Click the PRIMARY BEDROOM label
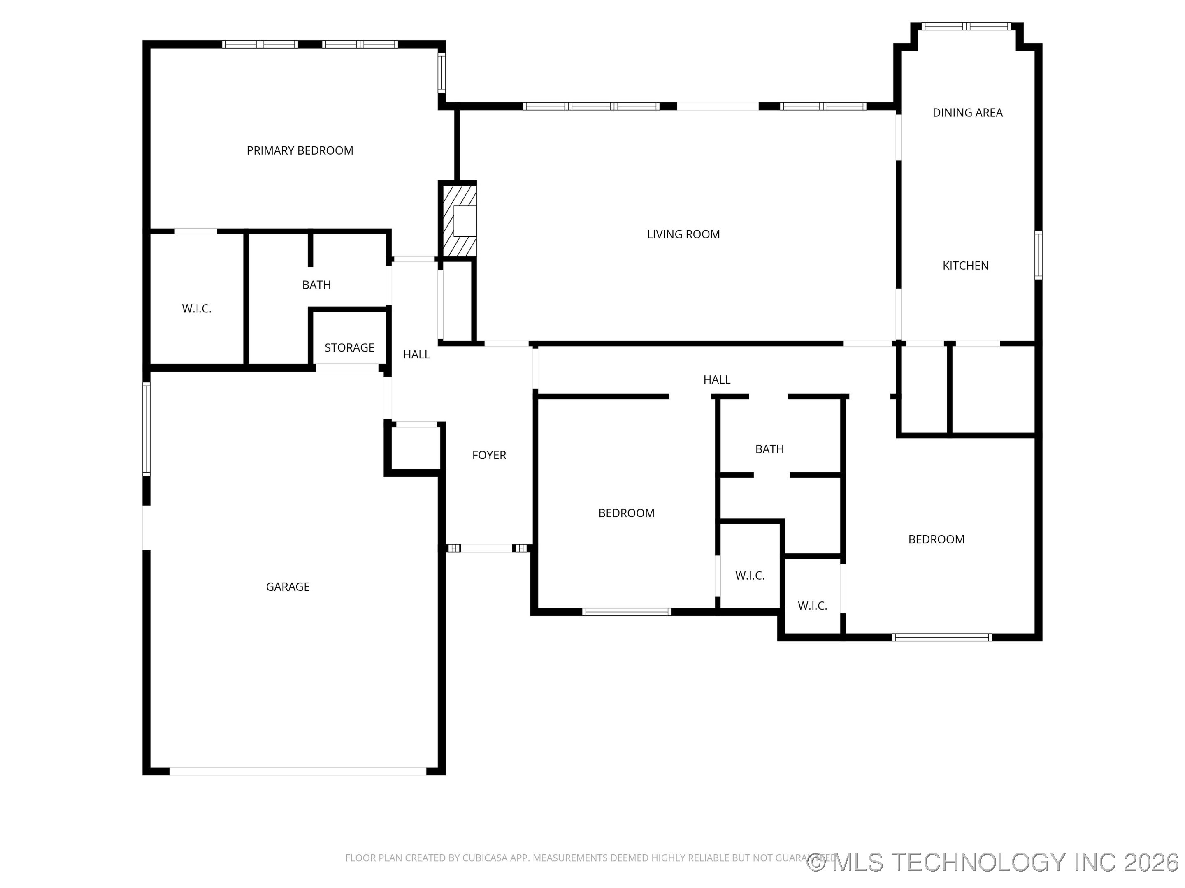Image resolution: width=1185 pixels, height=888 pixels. (300, 150)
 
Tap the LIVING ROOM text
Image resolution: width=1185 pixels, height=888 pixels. (683, 234)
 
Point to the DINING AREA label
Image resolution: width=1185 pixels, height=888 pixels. (967, 112)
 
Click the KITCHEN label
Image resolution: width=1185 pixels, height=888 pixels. (965, 266)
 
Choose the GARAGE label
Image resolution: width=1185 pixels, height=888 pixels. (288, 587)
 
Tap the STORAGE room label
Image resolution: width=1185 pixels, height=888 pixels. (349, 347)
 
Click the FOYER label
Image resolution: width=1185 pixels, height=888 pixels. (488, 455)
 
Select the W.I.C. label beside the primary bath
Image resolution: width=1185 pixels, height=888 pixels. (197, 308)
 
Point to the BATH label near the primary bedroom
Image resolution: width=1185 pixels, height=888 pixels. (316, 285)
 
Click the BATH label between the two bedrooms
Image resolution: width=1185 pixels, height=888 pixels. (769, 449)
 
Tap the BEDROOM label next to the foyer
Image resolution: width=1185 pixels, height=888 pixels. (626, 513)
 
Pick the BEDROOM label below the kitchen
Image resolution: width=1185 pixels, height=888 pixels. (936, 539)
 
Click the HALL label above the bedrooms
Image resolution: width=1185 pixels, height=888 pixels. (717, 379)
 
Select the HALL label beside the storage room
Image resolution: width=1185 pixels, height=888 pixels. (416, 354)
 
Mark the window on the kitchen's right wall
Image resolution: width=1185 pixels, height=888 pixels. (1038, 255)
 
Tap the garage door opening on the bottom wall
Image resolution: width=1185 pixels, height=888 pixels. (298, 771)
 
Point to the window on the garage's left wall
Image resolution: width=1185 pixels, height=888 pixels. (146, 429)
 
